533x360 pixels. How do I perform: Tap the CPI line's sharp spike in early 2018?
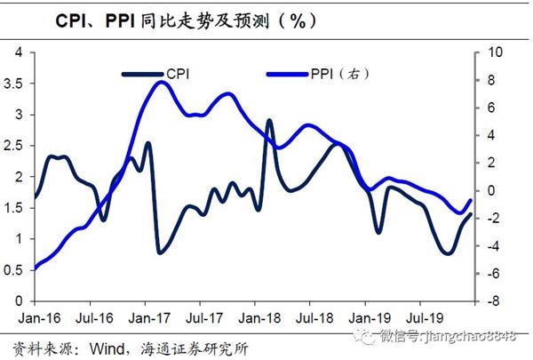click(269, 121)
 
